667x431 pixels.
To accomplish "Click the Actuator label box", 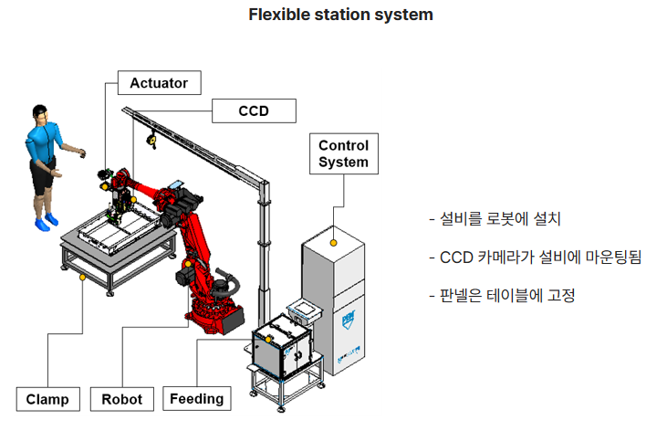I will coord(158,83).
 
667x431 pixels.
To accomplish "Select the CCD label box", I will coord(254,111).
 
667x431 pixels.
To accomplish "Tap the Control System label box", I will coord(343,154).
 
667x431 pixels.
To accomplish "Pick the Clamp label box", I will coord(47,399).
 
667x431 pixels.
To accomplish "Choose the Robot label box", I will coord(122,399).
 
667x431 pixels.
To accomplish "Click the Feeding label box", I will coord(196,399).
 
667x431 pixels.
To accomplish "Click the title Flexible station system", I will coord(340,15).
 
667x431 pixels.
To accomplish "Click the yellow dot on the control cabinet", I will coord(335,242).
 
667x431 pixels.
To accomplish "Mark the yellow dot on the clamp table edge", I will coord(83,275).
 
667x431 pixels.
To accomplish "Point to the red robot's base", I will coord(216,315).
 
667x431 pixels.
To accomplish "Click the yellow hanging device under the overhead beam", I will coord(152,142).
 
